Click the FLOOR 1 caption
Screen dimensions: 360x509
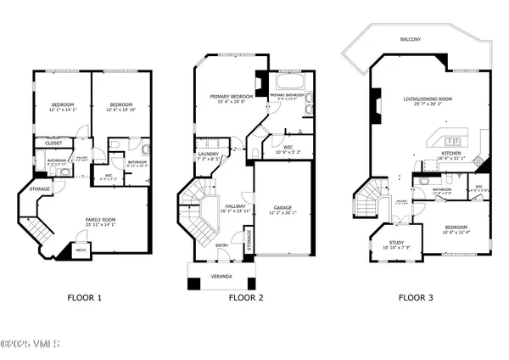84,297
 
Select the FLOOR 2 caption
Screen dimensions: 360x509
247,297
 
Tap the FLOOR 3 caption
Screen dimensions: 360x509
418,297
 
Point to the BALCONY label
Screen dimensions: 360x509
413,39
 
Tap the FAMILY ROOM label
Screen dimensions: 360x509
98,219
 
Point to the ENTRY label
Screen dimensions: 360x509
221,245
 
